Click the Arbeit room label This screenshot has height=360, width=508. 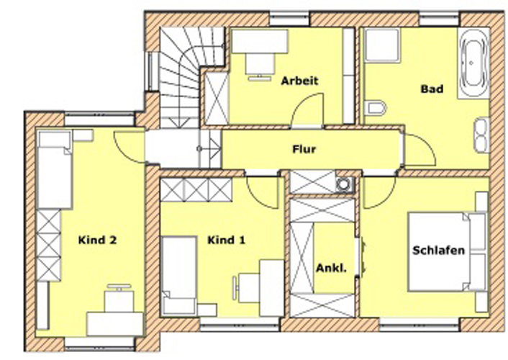(x=299, y=81)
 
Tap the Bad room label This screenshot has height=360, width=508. (x=432, y=89)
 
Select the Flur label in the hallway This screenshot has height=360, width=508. (x=304, y=150)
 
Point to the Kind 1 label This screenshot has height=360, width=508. (x=226, y=240)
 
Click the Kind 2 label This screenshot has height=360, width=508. (x=97, y=240)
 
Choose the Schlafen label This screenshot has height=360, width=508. (x=438, y=251)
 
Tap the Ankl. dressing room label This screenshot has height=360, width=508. (x=331, y=269)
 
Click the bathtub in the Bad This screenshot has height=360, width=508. (x=473, y=63)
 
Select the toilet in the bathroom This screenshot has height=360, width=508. (x=375, y=108)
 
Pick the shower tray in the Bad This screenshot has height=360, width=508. (x=381, y=45)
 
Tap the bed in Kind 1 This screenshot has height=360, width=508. (x=179, y=276)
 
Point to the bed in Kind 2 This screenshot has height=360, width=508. (x=55, y=169)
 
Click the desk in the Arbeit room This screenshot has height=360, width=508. (x=260, y=41)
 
